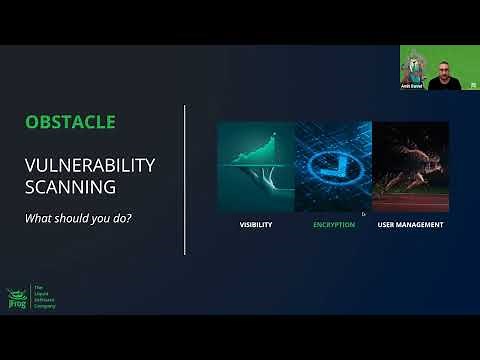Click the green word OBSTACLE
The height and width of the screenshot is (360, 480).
coord(71,123)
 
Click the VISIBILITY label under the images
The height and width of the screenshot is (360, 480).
coord(256,224)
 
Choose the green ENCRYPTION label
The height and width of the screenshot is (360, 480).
coord(332,224)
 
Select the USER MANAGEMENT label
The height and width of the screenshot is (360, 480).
coord(410,224)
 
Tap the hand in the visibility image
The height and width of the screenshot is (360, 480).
coord(250,185)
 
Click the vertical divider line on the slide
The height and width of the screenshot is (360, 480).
coord(186,180)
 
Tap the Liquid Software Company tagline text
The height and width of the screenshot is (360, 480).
coord(44,299)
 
